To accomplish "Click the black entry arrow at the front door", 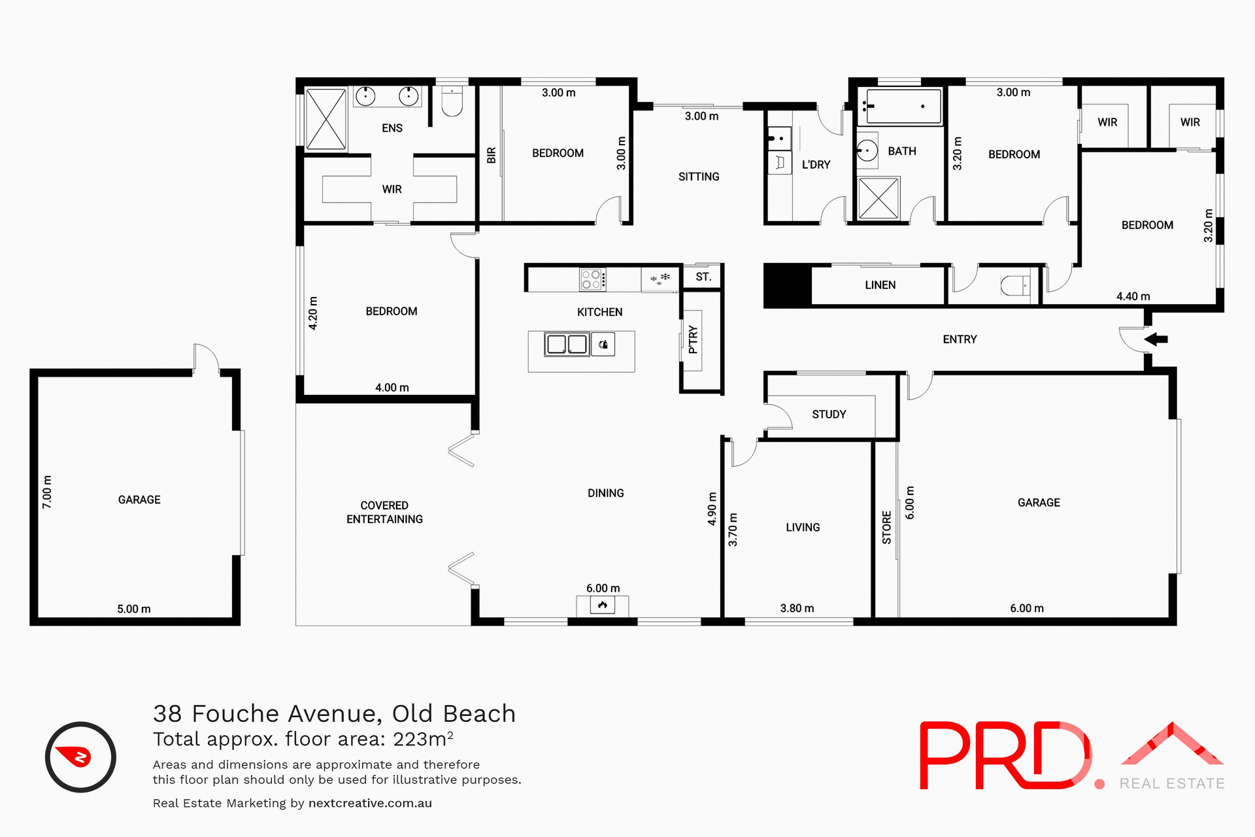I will coord(1156,339).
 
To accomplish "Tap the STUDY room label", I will coord(829,414).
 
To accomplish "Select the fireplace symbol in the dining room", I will coord(602,606).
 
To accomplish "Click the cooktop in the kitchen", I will coord(592,279).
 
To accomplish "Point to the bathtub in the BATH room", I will coord(900,107).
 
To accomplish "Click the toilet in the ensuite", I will coord(452,101).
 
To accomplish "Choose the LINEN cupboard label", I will coord(880,285).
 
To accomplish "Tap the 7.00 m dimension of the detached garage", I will coord(47,492).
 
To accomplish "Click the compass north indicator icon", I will coord(80,757).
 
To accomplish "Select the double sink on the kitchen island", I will coord(567,344).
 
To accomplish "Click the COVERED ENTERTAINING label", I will coord(384,512).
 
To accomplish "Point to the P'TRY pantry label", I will coord(693,339).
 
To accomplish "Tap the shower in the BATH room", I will coord(878,198).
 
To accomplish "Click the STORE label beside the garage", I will coord(886,527).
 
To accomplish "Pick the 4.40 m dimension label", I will coord(1133,296).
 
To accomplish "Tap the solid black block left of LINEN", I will coord(788,284).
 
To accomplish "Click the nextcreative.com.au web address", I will coord(370,803).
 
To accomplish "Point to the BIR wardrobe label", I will coord(492,155).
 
